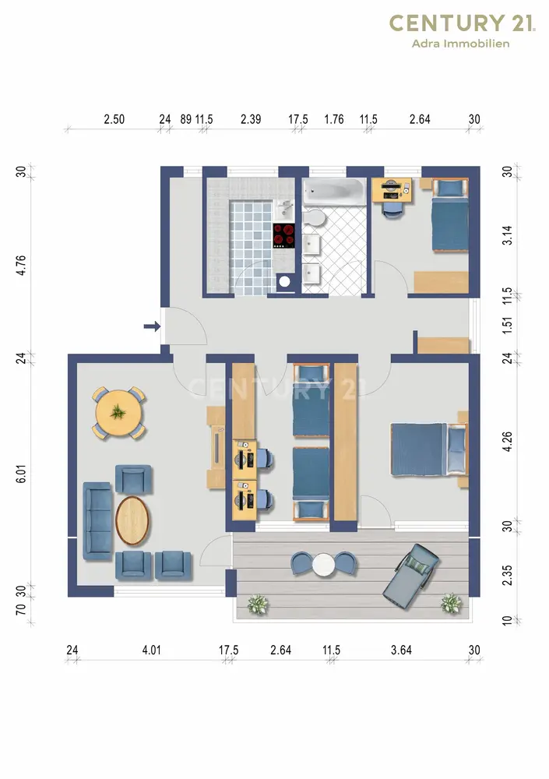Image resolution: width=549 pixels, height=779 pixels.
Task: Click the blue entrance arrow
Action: [x=152, y=326]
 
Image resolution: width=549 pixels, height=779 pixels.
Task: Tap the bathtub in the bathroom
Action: [x=334, y=192]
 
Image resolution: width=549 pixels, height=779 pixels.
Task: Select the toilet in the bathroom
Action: [x=313, y=217]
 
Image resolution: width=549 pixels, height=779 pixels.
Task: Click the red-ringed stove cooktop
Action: [x=283, y=236]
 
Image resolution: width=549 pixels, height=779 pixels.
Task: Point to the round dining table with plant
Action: [x=118, y=413]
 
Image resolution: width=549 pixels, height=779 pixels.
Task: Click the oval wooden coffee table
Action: [x=132, y=520]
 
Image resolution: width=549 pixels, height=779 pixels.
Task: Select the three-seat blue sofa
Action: [x=97, y=520]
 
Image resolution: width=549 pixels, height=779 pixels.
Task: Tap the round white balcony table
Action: [x=323, y=565]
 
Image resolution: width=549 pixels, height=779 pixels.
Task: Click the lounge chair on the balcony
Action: [x=411, y=576]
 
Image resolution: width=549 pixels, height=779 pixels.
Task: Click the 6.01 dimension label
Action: [x=21, y=474]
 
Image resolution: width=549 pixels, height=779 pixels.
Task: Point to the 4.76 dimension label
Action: [x=21, y=266]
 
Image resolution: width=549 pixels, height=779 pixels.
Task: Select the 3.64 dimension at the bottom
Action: [x=402, y=650]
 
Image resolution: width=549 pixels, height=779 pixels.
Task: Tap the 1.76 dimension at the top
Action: [x=334, y=119]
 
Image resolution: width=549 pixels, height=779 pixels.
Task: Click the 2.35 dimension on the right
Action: [x=507, y=576]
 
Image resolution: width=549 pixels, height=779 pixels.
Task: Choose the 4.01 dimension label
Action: [x=152, y=650]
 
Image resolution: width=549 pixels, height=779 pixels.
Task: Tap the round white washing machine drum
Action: [x=284, y=282]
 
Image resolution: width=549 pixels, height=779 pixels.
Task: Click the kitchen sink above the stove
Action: [x=284, y=210]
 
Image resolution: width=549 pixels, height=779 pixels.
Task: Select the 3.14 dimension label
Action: [x=507, y=235]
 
